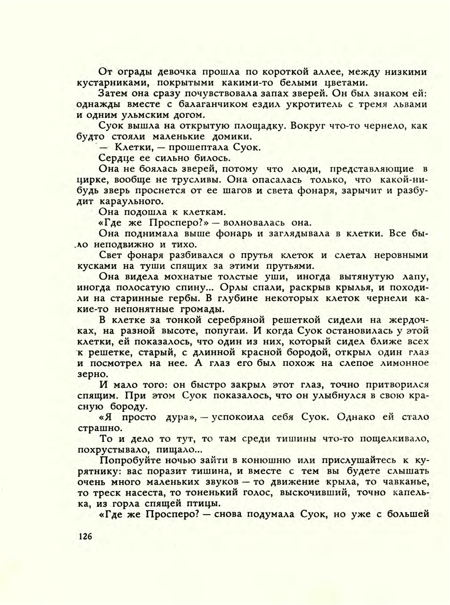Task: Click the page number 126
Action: [85, 536]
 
